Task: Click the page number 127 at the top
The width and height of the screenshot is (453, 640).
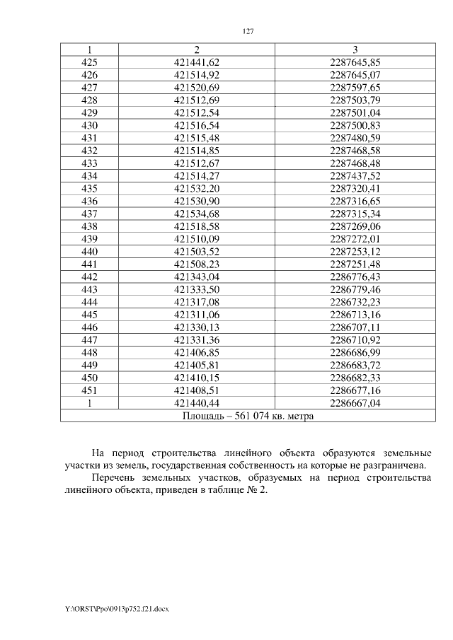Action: coord(248,32)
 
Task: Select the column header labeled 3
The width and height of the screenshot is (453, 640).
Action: coord(355,50)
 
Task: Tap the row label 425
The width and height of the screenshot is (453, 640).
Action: coord(90,62)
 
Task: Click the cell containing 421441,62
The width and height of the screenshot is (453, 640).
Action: coord(197,62)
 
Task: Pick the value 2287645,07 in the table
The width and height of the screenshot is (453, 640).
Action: coord(355,75)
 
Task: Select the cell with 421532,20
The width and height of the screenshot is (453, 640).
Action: coord(197,189)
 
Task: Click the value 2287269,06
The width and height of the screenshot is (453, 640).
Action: coord(355,227)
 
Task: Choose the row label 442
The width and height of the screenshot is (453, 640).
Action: coord(90,277)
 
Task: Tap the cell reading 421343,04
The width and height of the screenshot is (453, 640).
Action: coord(197,277)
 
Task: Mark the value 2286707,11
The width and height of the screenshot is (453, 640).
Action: coord(355,328)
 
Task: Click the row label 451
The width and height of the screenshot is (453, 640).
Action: coord(90,391)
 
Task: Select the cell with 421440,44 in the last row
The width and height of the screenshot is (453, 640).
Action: coord(197,404)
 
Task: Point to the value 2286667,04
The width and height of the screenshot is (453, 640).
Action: coord(355,404)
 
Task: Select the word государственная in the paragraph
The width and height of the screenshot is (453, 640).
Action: coord(210,465)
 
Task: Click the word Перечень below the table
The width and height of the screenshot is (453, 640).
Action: coord(116,479)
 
